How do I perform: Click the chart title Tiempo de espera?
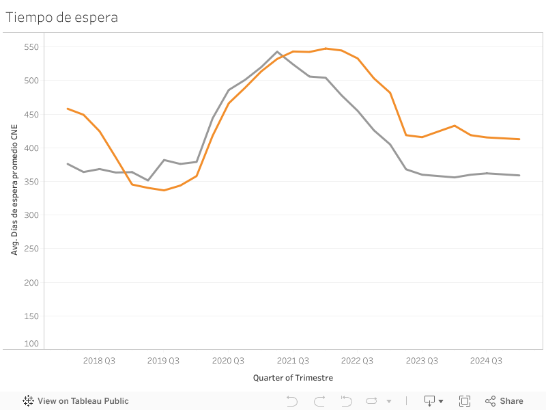point(62,18)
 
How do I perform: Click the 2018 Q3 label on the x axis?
point(99,361)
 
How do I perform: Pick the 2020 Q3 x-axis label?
point(229,361)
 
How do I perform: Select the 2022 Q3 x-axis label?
point(358,361)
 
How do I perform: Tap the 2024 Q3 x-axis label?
point(487,361)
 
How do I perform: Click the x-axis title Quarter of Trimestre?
point(293,378)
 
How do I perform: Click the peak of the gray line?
point(277,51)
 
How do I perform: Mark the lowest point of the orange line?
point(164,190)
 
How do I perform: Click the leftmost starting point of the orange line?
point(67,108)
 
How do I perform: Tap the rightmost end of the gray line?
point(520,176)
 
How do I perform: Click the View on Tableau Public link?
point(76,401)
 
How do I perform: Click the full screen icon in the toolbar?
point(465,401)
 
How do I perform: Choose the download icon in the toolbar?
point(430,401)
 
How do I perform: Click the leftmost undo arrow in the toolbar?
point(292,401)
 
